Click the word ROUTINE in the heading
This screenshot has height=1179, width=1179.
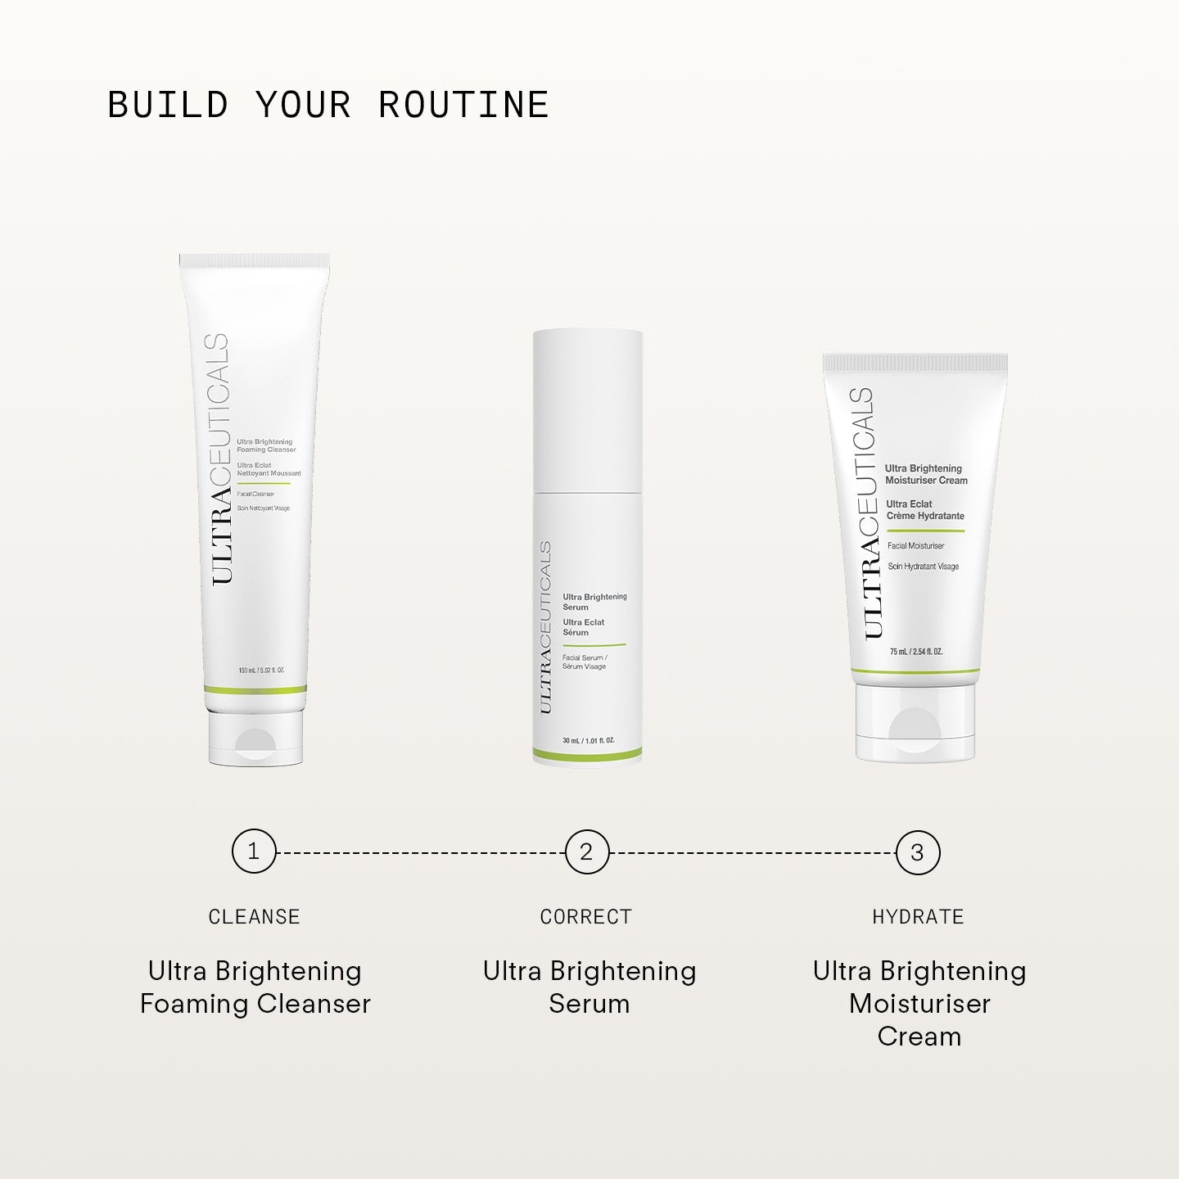463,105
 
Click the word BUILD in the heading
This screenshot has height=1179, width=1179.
168,105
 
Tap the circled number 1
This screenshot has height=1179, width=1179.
254,851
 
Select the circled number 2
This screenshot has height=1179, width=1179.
586,851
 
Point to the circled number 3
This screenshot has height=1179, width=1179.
918,852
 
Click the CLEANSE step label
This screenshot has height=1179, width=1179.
254,917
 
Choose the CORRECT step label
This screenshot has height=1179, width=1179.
586,917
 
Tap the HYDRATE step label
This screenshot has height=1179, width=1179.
918,917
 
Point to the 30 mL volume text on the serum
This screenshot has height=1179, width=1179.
588,741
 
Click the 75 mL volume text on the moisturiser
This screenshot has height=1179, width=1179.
916,652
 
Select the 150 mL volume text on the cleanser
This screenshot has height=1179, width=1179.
261,671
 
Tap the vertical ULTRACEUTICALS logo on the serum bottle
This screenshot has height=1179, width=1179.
545,626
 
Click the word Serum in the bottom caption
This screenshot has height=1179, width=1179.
589,1004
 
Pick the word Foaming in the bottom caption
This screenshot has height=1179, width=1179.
194,1004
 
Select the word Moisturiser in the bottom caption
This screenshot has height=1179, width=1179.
919,1004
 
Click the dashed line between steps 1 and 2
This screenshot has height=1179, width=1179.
420,852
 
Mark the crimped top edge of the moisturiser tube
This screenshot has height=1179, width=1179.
915,361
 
